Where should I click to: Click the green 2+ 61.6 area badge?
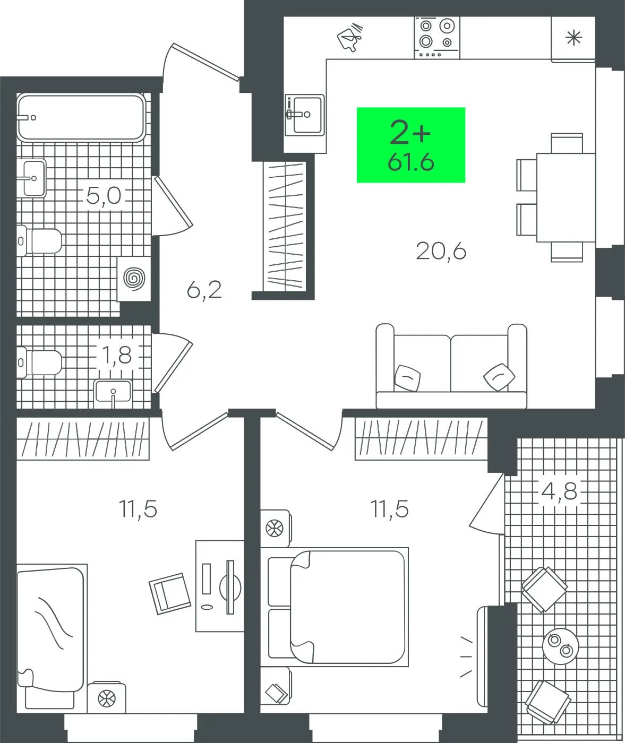point(411,145)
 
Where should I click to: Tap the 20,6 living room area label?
point(441,251)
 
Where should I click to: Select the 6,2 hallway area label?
point(204,290)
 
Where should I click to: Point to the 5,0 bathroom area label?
point(104,196)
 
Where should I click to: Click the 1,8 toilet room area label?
point(117,355)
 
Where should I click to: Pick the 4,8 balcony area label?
point(559,491)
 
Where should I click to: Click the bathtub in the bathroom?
point(81,117)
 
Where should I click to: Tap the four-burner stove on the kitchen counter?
point(437,38)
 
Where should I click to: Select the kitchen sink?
point(304,115)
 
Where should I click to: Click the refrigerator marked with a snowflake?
point(573,38)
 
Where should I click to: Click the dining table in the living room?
point(566,197)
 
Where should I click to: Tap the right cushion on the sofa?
point(499,376)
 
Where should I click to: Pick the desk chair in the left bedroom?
point(170,593)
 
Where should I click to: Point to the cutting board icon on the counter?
point(350,37)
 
